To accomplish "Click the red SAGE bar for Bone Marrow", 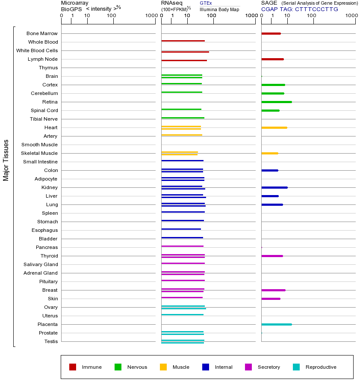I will (x=271, y=33).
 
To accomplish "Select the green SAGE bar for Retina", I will (x=276, y=102).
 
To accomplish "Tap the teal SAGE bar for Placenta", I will (x=276, y=324).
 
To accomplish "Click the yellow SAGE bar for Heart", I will (x=274, y=127).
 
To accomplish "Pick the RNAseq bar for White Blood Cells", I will (x=185, y=52).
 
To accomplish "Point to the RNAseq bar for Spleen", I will (x=183, y=212).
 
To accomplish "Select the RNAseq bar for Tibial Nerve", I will (x=183, y=118).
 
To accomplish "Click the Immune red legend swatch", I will (x=73, y=367).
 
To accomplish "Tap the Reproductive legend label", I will (x=321, y=367).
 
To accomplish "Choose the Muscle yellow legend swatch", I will (x=163, y=367).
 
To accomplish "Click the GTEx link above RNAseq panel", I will (x=206, y=3).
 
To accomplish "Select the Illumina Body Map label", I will (x=219, y=9).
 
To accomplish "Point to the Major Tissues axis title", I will (x=6, y=160).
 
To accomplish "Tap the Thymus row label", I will (x=48, y=68).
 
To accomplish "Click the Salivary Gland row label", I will (x=41, y=264).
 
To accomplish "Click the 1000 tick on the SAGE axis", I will (x=351, y=16).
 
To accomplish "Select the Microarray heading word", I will (x=75, y=3).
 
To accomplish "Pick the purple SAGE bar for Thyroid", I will (x=272, y=256).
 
